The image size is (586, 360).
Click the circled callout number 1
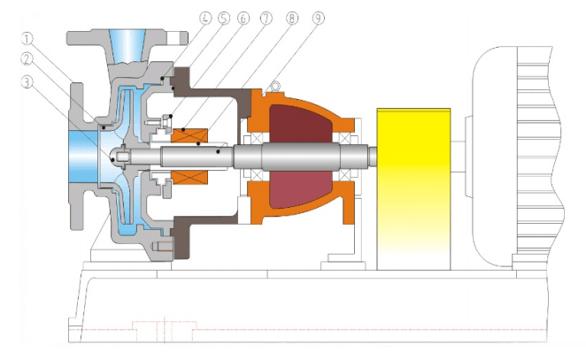[27, 38]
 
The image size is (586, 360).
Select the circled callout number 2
[27, 59]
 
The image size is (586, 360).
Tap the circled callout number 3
[27, 82]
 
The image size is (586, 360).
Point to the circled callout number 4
[205, 18]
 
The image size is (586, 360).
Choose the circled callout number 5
[224, 18]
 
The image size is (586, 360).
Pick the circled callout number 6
[243, 18]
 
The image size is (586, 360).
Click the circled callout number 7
[266, 18]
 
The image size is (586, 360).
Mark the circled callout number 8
[292, 18]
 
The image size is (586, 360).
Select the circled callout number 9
[318, 18]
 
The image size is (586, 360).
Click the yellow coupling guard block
[413, 189]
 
